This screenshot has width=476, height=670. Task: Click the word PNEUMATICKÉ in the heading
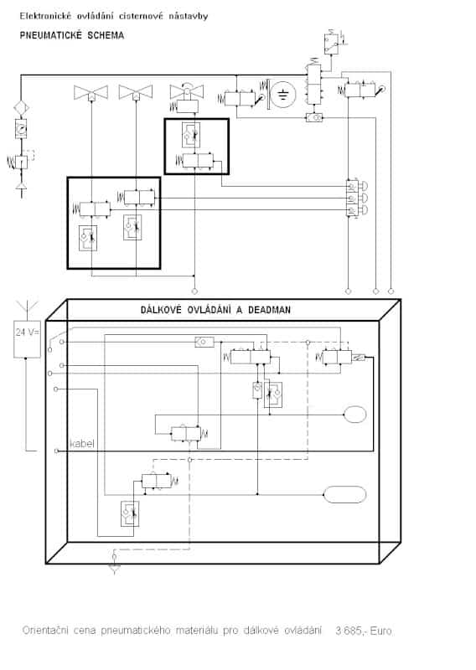pyautogui.click(x=51, y=35)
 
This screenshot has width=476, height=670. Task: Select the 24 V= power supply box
pyautogui.click(x=28, y=339)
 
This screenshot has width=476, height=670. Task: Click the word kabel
pyautogui.click(x=81, y=444)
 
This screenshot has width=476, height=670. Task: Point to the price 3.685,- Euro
pyautogui.click(x=364, y=631)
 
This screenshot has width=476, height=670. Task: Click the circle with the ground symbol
pyautogui.click(x=282, y=94)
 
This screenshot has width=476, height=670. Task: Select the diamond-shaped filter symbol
pyautogui.click(x=21, y=108)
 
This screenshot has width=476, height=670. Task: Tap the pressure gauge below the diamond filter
pyautogui.click(x=20, y=128)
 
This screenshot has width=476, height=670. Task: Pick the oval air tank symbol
pyautogui.click(x=355, y=415)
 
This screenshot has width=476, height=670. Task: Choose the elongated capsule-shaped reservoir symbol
pyautogui.click(x=344, y=495)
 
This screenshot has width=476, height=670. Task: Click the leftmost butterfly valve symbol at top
pyautogui.click(x=91, y=92)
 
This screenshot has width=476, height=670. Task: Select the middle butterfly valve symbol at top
pyautogui.click(x=136, y=92)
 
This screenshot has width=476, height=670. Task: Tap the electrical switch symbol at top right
pyautogui.click(x=334, y=42)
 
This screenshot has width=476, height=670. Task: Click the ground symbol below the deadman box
pyautogui.click(x=114, y=564)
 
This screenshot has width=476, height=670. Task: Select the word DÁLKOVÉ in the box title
pyautogui.click(x=161, y=310)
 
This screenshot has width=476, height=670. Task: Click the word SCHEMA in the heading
pyautogui.click(x=106, y=35)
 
